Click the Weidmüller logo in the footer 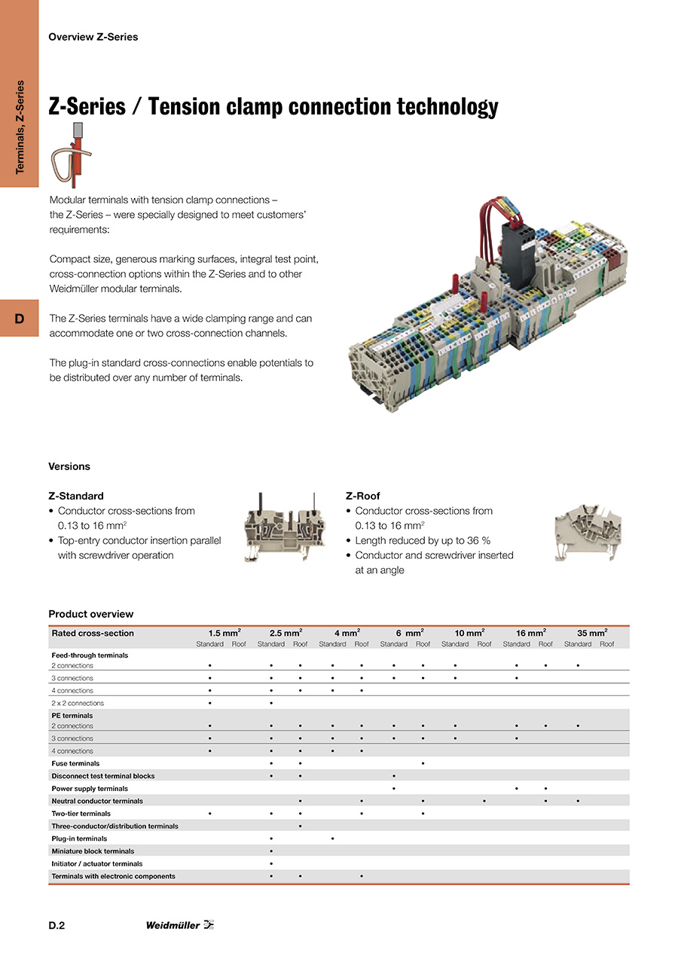180,925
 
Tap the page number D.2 56,926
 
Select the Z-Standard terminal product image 284,527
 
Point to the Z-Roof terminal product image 588,532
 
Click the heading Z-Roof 363,496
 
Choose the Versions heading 69,466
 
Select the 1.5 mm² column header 224,633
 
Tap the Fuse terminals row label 75,763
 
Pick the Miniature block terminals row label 93,851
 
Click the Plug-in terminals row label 79,838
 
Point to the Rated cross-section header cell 93,633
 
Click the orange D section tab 20,319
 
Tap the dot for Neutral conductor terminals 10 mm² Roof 484,801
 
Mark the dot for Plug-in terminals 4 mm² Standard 332,838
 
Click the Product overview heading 90,614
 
